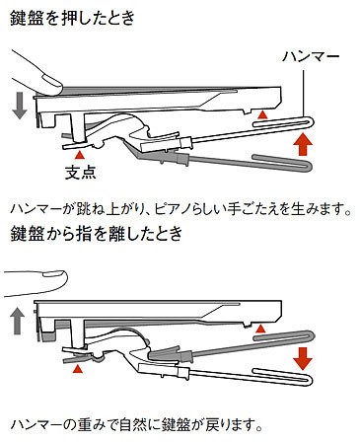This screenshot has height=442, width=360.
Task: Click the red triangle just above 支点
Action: pos(79,155)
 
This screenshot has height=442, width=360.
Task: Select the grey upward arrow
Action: pos(17,318)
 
